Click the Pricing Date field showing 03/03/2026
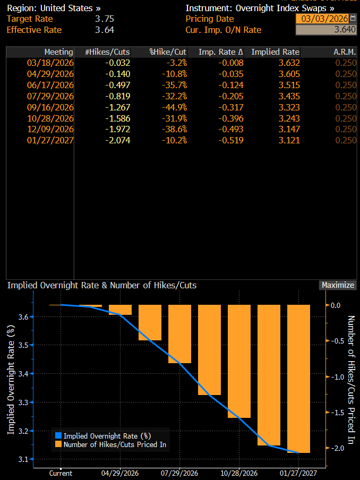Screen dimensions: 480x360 322,19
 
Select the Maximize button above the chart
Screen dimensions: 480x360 338,285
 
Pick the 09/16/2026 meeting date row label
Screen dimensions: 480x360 51,107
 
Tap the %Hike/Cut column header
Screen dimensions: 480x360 168,52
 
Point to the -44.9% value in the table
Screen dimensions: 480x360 174,107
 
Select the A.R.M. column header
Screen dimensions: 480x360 346,52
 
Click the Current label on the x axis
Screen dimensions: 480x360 61,473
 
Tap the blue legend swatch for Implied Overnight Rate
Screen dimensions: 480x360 59,436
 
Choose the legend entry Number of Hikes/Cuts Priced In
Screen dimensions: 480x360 114,445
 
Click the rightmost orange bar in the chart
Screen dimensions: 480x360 298,378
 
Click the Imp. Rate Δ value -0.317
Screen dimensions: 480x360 232,107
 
